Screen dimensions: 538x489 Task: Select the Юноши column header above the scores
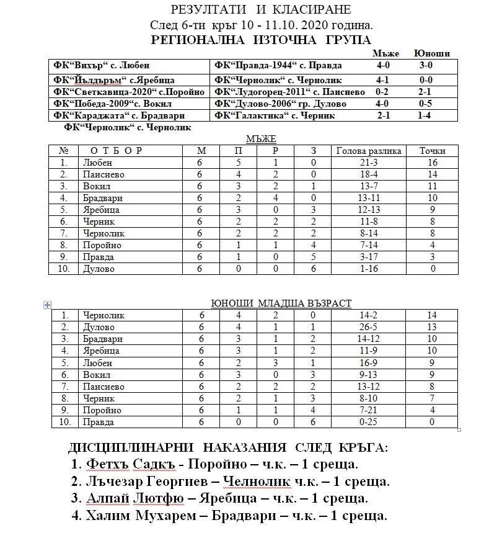(432, 53)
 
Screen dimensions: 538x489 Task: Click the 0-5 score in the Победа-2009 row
(425, 104)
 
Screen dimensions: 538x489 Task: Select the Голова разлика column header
(369, 151)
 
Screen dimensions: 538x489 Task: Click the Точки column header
(432, 151)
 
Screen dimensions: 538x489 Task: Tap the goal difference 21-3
(369, 163)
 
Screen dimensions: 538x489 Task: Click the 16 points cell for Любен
(432, 163)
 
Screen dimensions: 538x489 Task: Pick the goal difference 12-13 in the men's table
(369, 210)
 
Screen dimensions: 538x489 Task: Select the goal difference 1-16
(369, 269)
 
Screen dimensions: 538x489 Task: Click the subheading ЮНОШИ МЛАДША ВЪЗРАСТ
(281, 303)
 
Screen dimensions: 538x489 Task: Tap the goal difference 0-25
(369, 422)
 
